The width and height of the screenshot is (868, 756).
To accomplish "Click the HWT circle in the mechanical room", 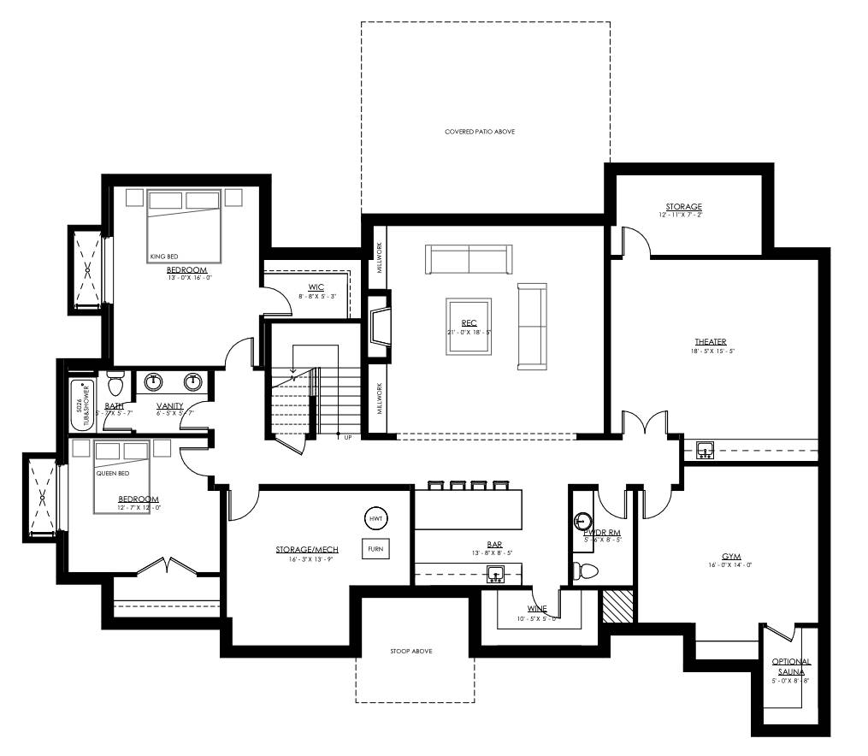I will (375, 519).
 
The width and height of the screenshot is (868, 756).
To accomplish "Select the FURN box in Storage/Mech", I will (375, 549).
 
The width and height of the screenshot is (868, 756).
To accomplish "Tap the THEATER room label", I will (710, 342).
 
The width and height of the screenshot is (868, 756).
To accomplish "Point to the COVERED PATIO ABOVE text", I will (480, 132).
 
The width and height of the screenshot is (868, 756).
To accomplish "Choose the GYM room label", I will (731, 557).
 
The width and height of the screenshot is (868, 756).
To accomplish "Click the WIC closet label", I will (316, 286).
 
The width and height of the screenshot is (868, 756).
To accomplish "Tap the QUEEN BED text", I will (111, 472).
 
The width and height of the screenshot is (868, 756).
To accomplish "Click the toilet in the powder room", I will (587, 570).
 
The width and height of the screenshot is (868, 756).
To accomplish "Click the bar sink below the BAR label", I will (494, 573).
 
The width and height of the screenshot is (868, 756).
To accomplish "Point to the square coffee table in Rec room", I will (469, 326).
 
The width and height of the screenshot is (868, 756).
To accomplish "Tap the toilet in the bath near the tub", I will (115, 382).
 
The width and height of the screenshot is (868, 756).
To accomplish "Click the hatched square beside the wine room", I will (617, 605).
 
